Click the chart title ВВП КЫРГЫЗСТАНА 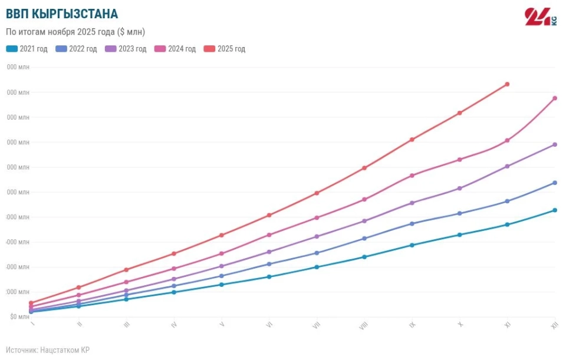pyautogui.click(x=62, y=14)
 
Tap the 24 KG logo pyautogui.click(x=540, y=16)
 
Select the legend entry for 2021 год pyautogui.click(x=27, y=49)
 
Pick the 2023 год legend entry pyautogui.click(x=126, y=49)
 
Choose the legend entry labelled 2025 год pyautogui.click(x=224, y=49)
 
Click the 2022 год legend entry pyautogui.click(x=76, y=49)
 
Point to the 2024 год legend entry pyautogui.click(x=175, y=49)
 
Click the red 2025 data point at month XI pyautogui.click(x=507, y=84)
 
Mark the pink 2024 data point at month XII pyautogui.click(x=555, y=98)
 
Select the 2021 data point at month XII pyautogui.click(x=555, y=210)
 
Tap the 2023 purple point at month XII pyautogui.click(x=555, y=144)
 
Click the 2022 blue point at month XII pyautogui.click(x=555, y=183)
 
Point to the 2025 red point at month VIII pyautogui.click(x=364, y=168)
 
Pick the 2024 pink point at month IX pyautogui.click(x=412, y=176)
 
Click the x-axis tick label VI pyautogui.click(x=269, y=325)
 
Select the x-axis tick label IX pyautogui.click(x=412, y=325)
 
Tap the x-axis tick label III pyautogui.click(x=126, y=325)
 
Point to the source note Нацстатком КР pyautogui.click(x=48, y=350)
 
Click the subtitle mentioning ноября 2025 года pyautogui.click(x=75, y=32)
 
